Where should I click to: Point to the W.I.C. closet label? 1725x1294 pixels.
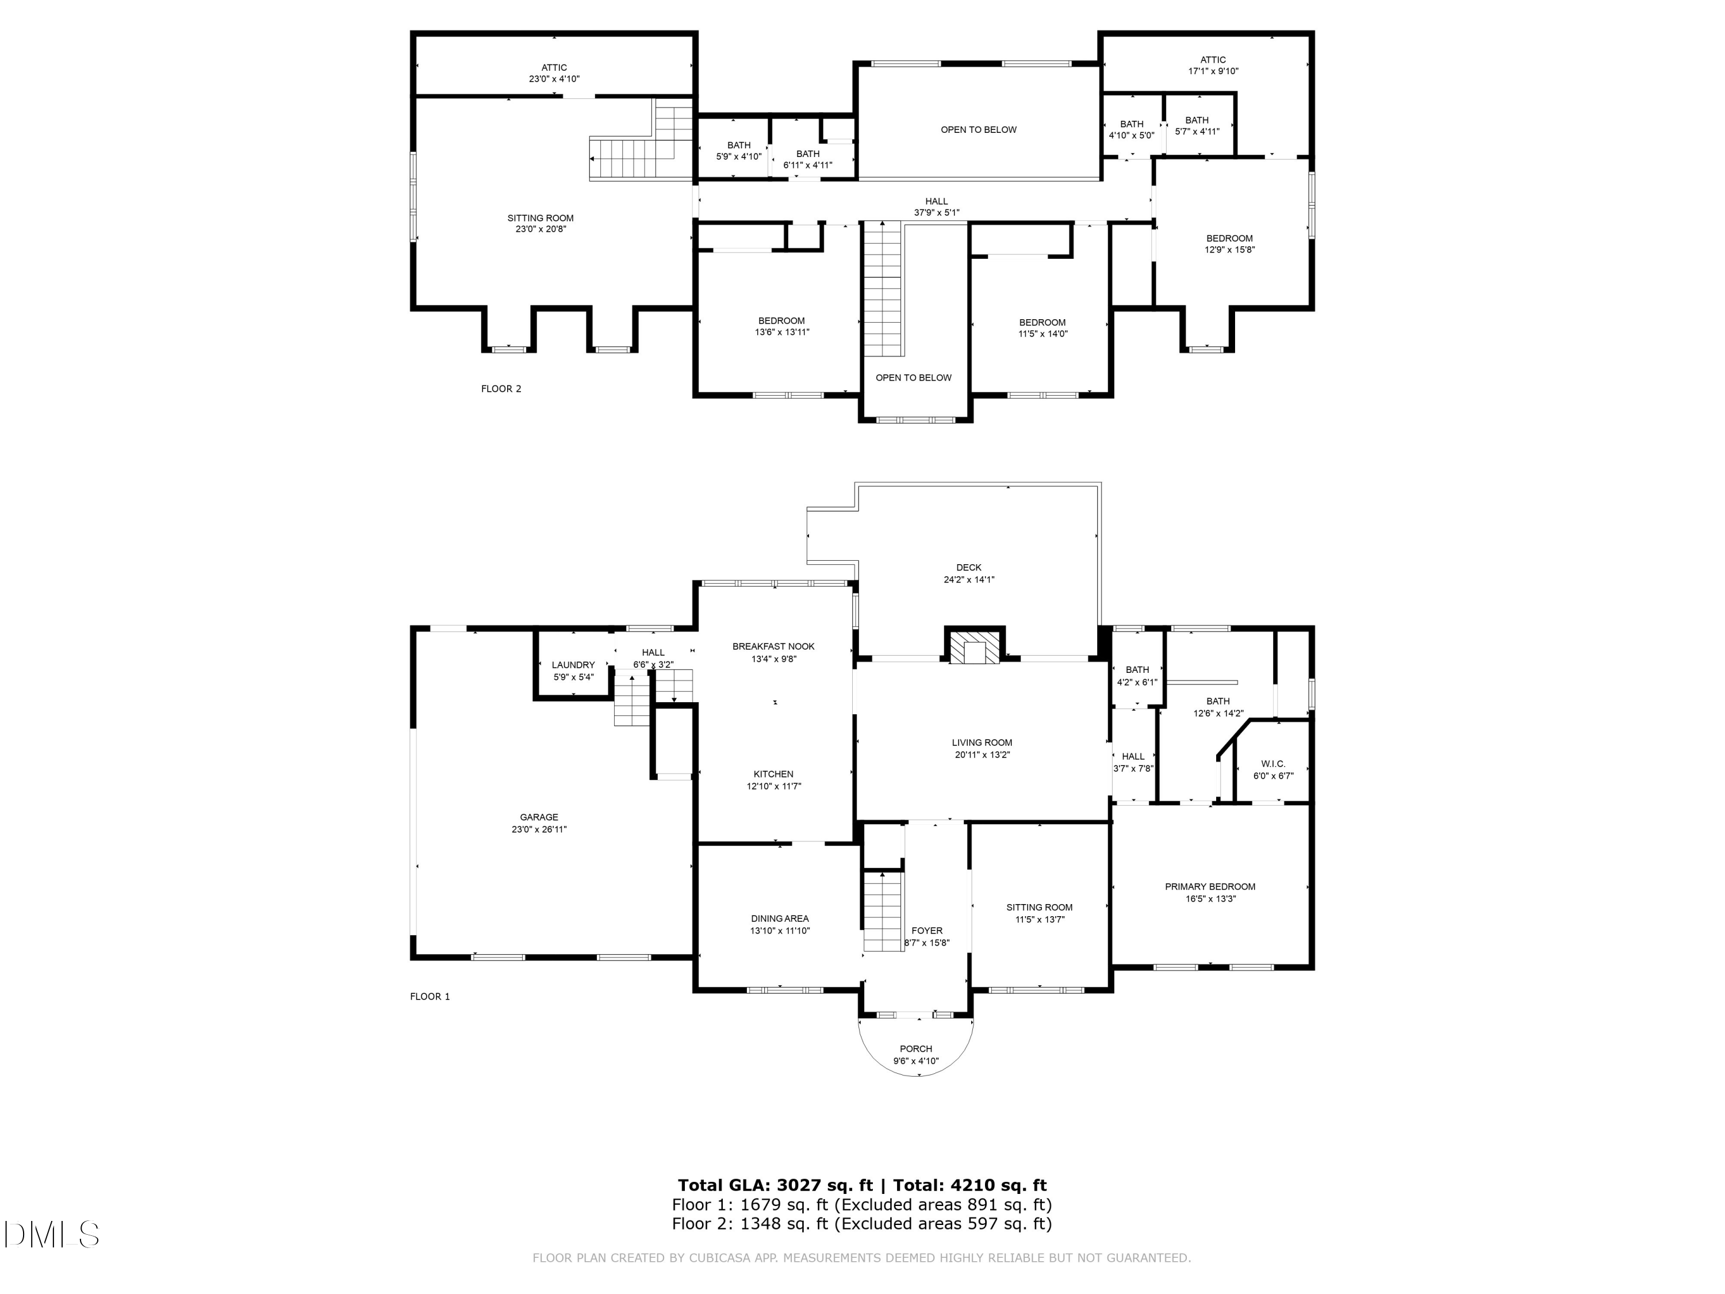pyautogui.click(x=1272, y=764)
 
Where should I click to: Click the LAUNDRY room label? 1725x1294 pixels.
pyautogui.click(x=573, y=665)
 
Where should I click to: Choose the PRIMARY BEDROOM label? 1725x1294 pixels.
pyautogui.click(x=1210, y=887)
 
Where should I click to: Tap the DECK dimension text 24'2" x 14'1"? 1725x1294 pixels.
pyautogui.click(x=968, y=580)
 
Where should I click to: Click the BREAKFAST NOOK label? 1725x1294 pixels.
pyautogui.click(x=773, y=646)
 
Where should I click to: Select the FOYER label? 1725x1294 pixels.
pyautogui.click(x=926, y=931)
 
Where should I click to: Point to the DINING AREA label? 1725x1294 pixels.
pyautogui.click(x=780, y=919)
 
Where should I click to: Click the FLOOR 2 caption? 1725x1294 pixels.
pyautogui.click(x=501, y=388)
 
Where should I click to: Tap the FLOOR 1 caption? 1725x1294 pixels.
pyautogui.click(x=430, y=996)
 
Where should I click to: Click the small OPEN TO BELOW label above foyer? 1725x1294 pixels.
pyautogui.click(x=913, y=377)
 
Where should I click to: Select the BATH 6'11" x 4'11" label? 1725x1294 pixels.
pyautogui.click(x=807, y=159)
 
